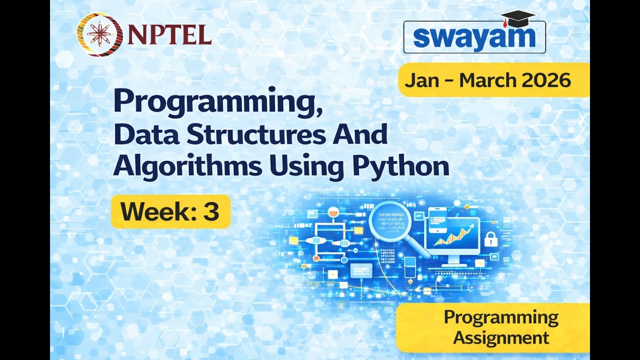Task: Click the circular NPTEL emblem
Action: tap(99, 34)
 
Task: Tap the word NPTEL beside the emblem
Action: tap(169, 34)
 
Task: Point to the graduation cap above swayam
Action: tap(517, 18)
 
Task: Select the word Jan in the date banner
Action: tap(422, 80)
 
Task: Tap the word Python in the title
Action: tap(400, 166)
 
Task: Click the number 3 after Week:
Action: tap(211, 211)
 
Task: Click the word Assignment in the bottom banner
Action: tap(501, 337)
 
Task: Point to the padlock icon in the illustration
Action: tap(490, 239)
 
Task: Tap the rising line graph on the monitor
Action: tap(454, 235)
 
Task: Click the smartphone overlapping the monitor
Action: tap(437, 220)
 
